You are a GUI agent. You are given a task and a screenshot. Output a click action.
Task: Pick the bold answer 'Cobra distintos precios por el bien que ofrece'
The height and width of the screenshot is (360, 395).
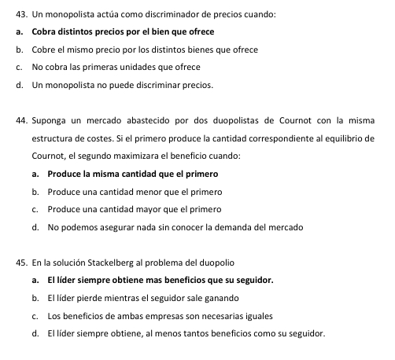[x=123, y=31]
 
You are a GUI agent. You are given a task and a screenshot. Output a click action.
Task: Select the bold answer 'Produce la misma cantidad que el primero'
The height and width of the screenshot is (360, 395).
[x=132, y=173]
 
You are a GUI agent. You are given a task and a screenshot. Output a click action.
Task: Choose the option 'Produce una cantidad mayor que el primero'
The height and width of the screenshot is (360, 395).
[x=134, y=208]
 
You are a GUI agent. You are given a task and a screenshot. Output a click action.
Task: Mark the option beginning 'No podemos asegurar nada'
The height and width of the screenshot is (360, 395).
[x=175, y=226]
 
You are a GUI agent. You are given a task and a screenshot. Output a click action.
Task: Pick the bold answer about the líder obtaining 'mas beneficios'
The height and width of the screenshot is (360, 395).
[x=162, y=279]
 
